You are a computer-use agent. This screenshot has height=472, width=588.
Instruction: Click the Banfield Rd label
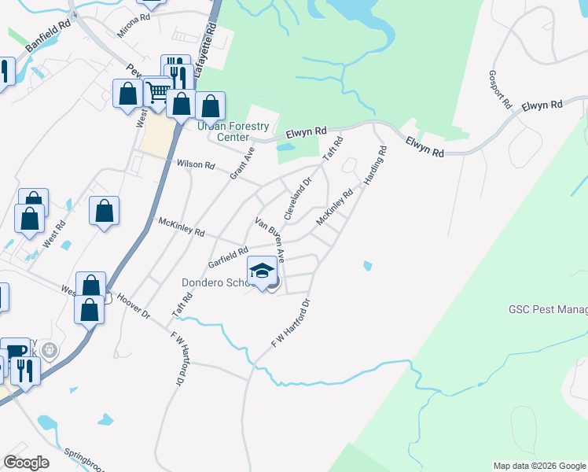coord(48,36)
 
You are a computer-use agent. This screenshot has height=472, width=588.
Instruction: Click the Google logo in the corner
coord(26,463)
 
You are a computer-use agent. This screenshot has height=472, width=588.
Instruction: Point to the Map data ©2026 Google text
coord(539,466)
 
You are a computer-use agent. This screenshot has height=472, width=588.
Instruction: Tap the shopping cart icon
coord(158,92)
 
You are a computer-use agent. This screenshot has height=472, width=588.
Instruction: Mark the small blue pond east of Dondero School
coord(367,266)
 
